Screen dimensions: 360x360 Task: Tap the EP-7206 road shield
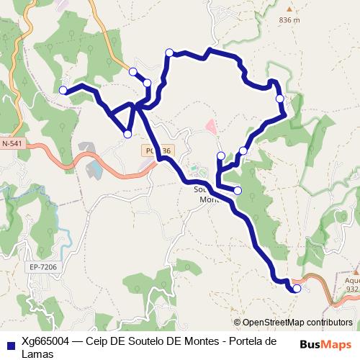(42, 267)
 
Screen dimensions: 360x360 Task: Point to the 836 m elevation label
(288, 20)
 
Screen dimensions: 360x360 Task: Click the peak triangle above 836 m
(288, 10)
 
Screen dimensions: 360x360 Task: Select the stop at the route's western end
(63, 90)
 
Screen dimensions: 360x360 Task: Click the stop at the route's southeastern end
(297, 289)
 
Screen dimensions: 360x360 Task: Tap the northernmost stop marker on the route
(169, 52)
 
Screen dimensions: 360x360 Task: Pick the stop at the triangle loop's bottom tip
(127, 134)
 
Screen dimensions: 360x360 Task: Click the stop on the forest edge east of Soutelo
(238, 190)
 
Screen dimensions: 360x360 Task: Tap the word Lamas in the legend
(37, 354)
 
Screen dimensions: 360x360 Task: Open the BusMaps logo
(325, 344)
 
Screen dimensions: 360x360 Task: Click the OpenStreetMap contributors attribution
(293, 323)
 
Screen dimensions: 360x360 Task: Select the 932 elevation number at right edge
(352, 289)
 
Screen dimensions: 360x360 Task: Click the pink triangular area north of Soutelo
(211, 127)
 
